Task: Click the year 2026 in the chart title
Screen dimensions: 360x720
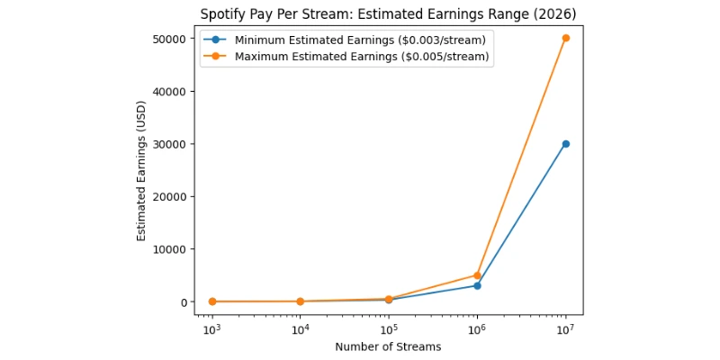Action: point(557,14)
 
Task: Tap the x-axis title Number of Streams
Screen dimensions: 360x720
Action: point(388,347)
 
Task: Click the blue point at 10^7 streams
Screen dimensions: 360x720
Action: point(565,144)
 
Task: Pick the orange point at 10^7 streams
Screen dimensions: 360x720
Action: point(565,39)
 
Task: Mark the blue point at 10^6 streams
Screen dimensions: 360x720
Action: point(477,285)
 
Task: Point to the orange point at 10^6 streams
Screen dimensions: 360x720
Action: point(477,275)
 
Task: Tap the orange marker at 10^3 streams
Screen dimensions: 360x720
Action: point(211,301)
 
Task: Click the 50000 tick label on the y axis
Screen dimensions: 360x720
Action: point(169,40)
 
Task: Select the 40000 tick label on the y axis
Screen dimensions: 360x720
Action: point(169,92)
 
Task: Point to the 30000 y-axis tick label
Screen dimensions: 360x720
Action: point(169,144)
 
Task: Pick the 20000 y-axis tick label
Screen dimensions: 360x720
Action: point(169,197)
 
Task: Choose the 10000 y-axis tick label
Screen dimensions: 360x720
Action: point(169,249)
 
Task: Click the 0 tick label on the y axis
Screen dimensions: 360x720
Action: point(183,302)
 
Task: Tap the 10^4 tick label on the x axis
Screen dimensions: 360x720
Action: point(300,329)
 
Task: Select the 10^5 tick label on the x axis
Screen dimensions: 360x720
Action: point(388,329)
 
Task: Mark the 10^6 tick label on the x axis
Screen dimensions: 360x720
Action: point(477,329)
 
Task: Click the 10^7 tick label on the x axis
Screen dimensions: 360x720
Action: point(565,329)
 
